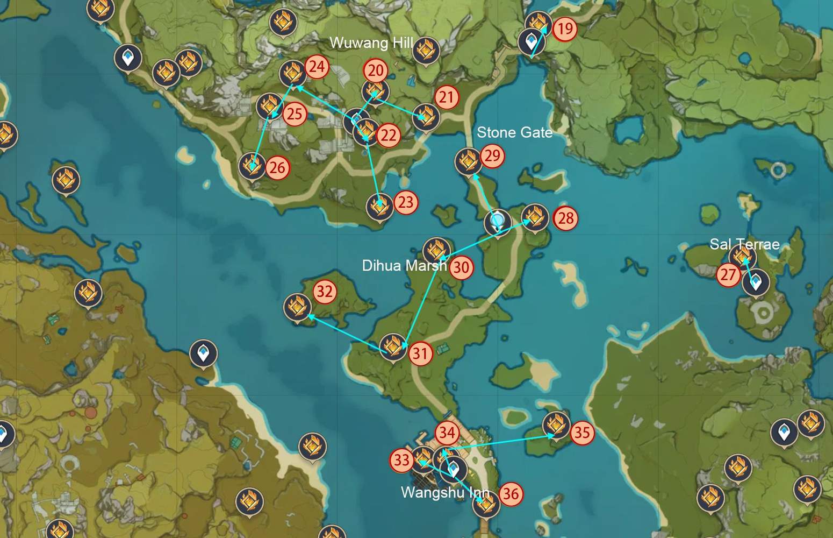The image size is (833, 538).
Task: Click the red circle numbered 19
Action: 564,29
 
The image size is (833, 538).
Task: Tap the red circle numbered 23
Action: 406,202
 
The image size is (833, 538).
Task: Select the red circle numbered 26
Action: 277,168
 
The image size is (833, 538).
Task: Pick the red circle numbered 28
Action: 565,218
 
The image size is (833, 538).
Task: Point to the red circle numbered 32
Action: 324,292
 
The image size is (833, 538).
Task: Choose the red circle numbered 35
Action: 582,433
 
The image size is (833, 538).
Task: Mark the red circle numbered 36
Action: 511,494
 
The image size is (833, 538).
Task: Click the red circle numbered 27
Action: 728,274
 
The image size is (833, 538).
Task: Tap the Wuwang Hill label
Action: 371,43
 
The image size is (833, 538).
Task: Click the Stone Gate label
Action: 514,132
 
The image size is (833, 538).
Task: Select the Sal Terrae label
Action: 744,244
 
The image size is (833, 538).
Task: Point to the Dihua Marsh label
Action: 404,265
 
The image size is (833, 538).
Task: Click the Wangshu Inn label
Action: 445,492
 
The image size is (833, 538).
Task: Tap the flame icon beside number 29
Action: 468,161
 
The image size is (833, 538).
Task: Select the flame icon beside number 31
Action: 393,346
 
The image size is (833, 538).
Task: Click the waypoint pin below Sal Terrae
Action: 756,282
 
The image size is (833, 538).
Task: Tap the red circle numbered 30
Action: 461,267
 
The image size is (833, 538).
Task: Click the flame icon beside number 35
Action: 556,424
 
